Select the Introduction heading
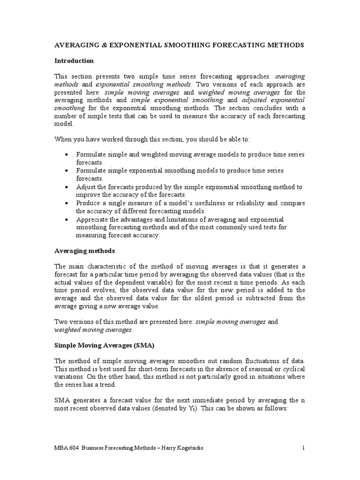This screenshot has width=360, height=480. click(74, 61)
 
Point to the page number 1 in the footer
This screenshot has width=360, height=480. click(303, 448)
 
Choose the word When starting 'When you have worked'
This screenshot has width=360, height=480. click(63, 139)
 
